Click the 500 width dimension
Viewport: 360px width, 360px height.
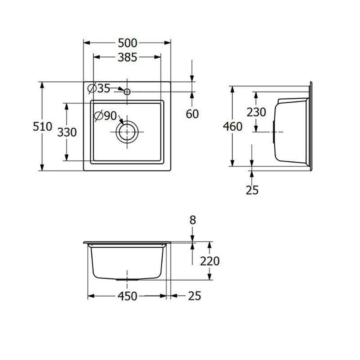127,43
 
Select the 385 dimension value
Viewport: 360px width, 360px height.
127,57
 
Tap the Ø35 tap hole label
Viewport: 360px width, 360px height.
99,88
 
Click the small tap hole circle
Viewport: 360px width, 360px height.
127,92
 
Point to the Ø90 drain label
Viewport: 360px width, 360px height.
105,116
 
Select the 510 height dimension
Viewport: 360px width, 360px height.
42,126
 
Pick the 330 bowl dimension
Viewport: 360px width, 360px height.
67,132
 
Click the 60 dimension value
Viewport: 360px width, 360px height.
192,114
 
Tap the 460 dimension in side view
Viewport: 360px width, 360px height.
233,126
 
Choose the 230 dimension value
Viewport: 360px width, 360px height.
256,112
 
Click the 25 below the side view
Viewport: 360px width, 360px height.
252,190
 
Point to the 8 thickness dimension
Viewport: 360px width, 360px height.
193,220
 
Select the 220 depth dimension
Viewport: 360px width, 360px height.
210,261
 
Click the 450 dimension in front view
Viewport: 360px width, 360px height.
127,296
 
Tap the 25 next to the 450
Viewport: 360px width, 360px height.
194,296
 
